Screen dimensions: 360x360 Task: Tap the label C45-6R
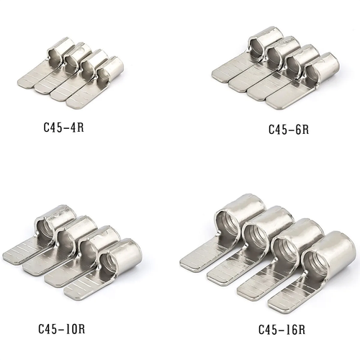[x=288, y=130]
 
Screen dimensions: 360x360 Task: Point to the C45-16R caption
[x=282, y=330]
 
